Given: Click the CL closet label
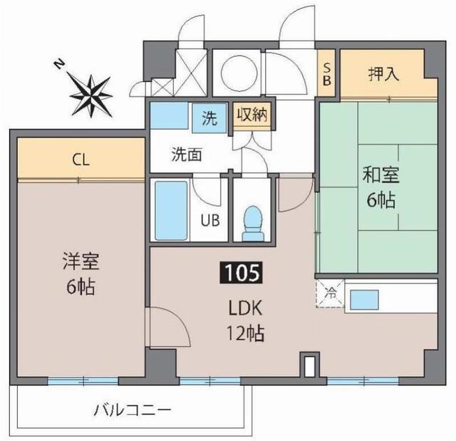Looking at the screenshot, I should click(x=81, y=160).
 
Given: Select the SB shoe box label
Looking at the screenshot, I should click(x=327, y=73).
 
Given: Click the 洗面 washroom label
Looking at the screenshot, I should click(x=187, y=152).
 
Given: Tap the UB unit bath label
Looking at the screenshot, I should click(x=209, y=220).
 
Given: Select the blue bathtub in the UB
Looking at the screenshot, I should click(x=171, y=211).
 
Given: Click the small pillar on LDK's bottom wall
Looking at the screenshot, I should click(x=308, y=365).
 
